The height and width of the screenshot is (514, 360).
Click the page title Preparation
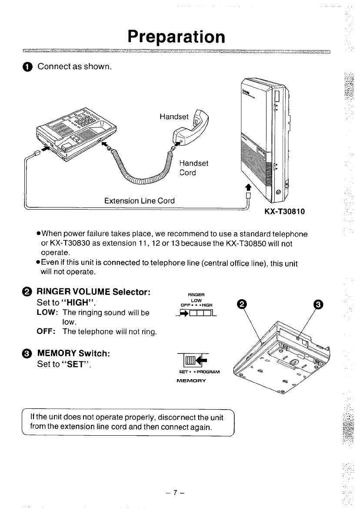click(177, 37)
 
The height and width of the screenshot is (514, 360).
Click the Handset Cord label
click(194, 168)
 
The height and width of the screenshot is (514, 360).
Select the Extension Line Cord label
click(140, 200)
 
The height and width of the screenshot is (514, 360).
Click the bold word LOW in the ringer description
click(45, 313)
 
